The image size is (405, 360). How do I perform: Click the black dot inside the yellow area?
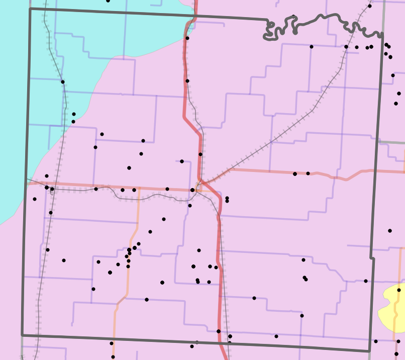coord(399,290)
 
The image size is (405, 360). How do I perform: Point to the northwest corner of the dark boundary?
coord(30,9)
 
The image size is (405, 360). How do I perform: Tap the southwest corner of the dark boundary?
coord(22,334)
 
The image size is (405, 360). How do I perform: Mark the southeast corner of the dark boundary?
coord(369,350)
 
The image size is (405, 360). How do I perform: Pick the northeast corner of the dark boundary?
coord(382,35)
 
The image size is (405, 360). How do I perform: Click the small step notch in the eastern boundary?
coord(373,258)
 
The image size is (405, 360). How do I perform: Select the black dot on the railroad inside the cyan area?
coord(63,81)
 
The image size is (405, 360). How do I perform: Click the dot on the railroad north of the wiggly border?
coord(370,6)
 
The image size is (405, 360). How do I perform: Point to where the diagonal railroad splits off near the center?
coord(202,181)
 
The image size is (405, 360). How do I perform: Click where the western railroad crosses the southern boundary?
coord(37,335)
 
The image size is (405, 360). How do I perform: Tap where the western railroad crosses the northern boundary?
coord(45,9)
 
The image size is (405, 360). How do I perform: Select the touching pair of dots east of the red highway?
coord(227,200)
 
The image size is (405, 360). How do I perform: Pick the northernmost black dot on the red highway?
coord(187,38)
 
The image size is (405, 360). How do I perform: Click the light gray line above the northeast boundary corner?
coord(384,15)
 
